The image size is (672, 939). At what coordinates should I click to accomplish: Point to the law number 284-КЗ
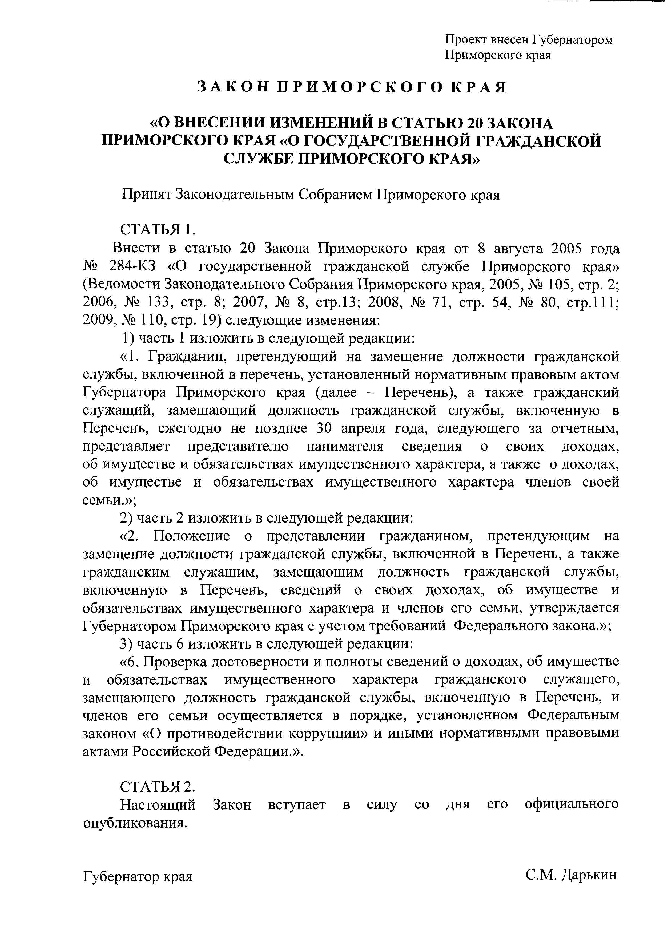click(133, 267)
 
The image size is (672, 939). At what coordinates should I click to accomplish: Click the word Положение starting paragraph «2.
click(192, 536)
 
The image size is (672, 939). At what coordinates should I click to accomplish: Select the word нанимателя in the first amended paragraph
click(345, 447)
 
